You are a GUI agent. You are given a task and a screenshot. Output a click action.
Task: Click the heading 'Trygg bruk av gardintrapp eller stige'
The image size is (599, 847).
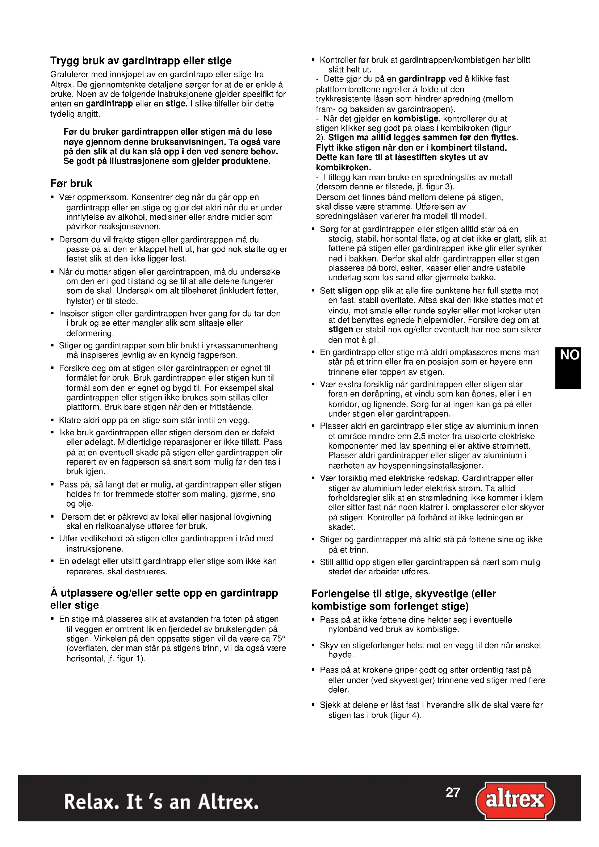click(141, 61)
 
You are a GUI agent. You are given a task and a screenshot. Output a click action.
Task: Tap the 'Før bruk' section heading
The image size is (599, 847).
click(71, 184)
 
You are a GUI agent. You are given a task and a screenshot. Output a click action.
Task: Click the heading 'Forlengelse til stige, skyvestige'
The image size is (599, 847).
click(403, 594)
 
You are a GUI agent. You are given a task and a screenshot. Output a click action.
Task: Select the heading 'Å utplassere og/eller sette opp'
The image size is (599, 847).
click(164, 594)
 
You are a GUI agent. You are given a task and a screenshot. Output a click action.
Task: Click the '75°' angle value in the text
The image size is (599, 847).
click(279, 639)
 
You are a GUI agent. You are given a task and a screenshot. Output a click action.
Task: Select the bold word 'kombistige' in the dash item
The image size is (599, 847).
click(416, 119)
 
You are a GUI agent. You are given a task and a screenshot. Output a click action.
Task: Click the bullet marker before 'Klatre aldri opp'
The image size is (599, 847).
click(53, 420)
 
